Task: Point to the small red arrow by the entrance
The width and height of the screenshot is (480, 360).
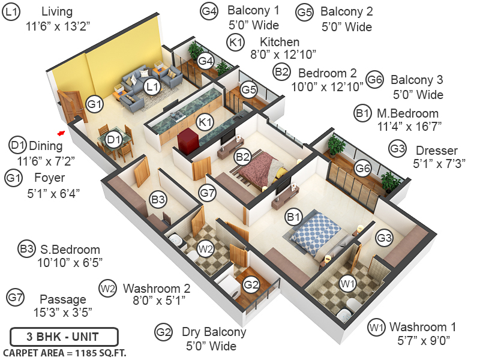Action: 61,133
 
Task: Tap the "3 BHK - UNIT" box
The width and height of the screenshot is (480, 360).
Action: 64,336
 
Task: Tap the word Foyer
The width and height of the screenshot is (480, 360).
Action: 50,178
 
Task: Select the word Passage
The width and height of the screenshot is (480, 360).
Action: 62,299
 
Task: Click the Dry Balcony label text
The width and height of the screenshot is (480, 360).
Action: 214,332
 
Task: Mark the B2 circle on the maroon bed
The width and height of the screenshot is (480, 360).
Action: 242,157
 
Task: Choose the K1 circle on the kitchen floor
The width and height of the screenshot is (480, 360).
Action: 206,122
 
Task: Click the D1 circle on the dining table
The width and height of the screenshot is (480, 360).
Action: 114,140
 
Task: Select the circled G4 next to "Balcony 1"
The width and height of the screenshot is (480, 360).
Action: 209,11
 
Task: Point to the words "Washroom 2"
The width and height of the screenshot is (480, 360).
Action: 157,287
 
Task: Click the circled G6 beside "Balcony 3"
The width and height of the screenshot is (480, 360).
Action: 375,80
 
